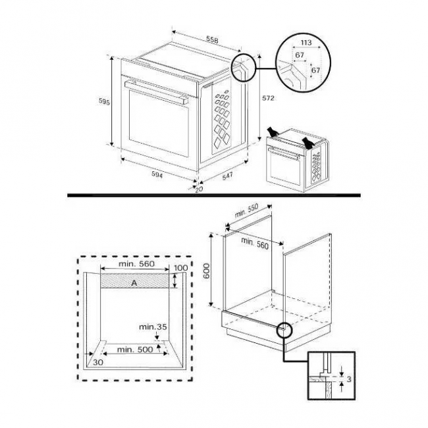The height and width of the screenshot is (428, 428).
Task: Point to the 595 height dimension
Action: click(x=103, y=101)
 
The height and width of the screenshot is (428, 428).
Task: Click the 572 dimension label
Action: click(x=267, y=98)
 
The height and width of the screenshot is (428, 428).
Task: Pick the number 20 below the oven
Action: click(x=198, y=190)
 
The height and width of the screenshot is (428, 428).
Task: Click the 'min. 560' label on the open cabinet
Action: click(x=255, y=242)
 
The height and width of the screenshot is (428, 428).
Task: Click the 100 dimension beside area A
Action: click(x=180, y=269)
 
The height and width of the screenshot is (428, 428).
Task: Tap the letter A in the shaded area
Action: click(x=134, y=282)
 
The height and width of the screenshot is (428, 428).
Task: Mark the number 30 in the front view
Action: click(x=98, y=361)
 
